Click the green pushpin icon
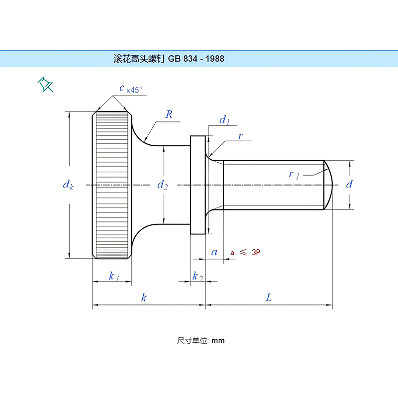(x=45, y=84)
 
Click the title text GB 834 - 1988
(x=196, y=59)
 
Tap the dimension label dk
(x=68, y=185)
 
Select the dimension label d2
(x=163, y=185)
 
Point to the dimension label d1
(x=224, y=120)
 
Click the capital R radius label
(x=169, y=114)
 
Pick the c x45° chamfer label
(x=131, y=89)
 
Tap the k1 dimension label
(x=114, y=276)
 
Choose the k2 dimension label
(x=198, y=276)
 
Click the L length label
(x=269, y=298)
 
